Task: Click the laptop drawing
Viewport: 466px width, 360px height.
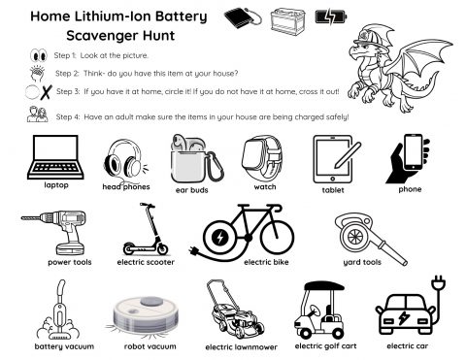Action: [x=55, y=157]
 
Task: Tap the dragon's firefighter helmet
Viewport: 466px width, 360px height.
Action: [x=372, y=36]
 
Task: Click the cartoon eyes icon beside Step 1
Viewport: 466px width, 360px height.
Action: [x=39, y=55]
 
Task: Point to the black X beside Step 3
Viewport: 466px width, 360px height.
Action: [x=47, y=92]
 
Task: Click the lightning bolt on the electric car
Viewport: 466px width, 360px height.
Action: [x=404, y=317]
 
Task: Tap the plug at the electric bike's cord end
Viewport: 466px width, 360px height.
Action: [x=194, y=250]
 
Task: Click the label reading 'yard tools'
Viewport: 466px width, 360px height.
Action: [x=362, y=262]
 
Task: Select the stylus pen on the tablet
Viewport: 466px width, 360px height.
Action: [x=348, y=155]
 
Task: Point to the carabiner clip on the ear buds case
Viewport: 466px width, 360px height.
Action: [x=215, y=167]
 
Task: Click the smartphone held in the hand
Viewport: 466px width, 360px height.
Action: [x=414, y=151]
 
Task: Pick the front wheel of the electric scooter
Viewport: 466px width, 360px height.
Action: [x=162, y=249]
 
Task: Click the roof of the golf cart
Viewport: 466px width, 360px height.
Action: [x=324, y=286]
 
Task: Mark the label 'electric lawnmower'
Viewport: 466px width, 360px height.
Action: [x=241, y=347]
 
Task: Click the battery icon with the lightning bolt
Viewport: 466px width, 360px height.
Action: [x=331, y=16]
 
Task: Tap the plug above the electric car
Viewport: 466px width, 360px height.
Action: [x=439, y=282]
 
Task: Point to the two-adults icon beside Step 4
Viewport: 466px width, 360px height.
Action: [x=38, y=115]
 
